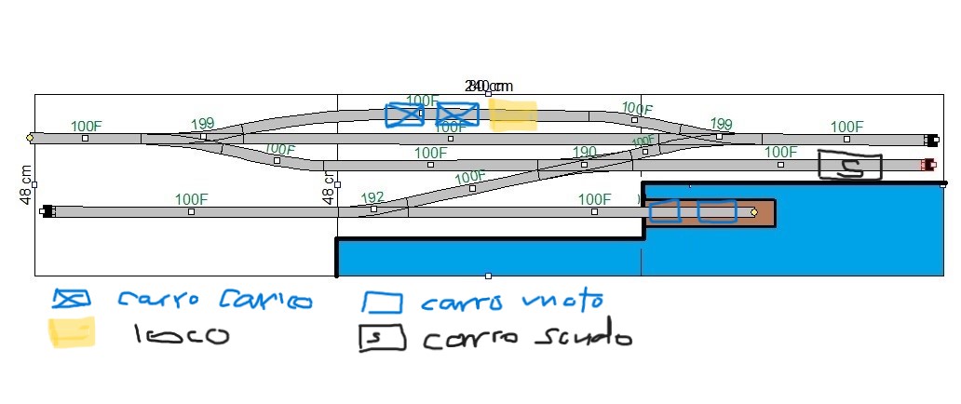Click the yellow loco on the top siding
[x=512, y=114]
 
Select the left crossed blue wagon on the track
[x=404, y=115]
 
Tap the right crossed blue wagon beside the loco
[x=457, y=114]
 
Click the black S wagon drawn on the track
[x=849, y=166]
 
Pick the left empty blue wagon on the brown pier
[x=664, y=211]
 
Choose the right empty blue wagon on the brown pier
[x=717, y=211]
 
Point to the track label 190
[x=585, y=152]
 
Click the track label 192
[x=372, y=197]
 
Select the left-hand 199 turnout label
[x=202, y=124]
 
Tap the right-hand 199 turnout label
[x=721, y=124]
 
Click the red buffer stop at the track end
[x=927, y=165]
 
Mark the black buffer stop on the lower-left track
[x=47, y=211]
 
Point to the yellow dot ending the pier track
[x=754, y=212]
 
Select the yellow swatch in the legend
[x=71, y=332]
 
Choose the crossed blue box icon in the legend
[x=72, y=299]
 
